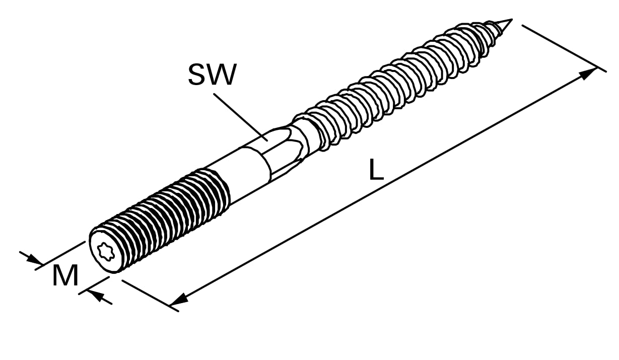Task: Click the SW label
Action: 212,75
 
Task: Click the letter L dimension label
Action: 376,170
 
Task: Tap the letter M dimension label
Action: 65,276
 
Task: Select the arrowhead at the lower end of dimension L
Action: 179,299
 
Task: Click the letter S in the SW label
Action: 197,75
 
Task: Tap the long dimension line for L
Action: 383,187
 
